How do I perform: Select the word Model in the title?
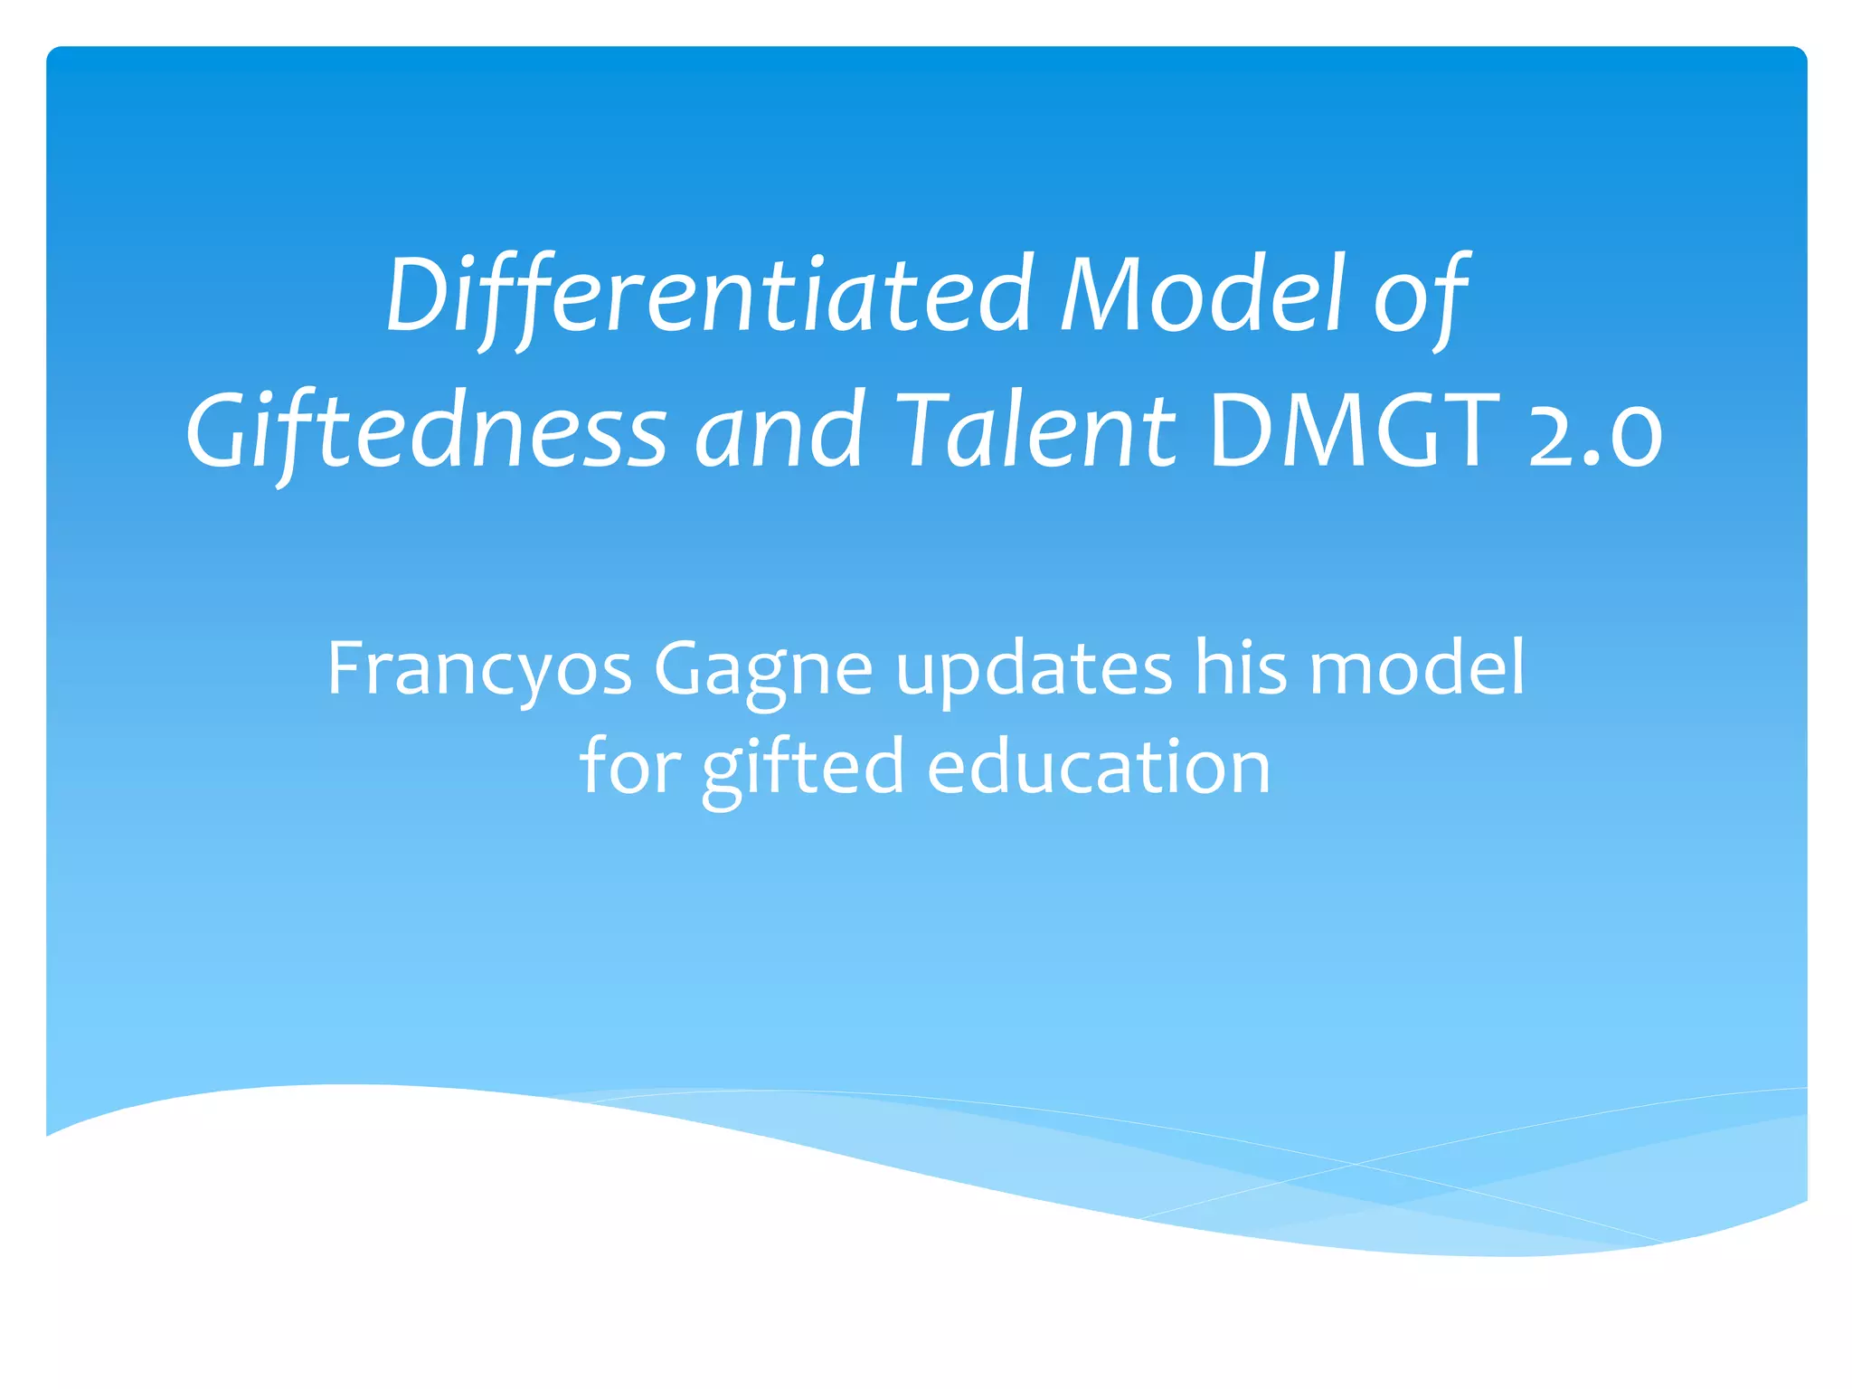tap(1203, 295)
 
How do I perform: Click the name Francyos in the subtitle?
tap(479, 669)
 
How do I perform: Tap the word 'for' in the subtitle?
tap(630, 767)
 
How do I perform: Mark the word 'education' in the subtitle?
tap(1099, 767)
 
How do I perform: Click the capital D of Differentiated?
tap(418, 295)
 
